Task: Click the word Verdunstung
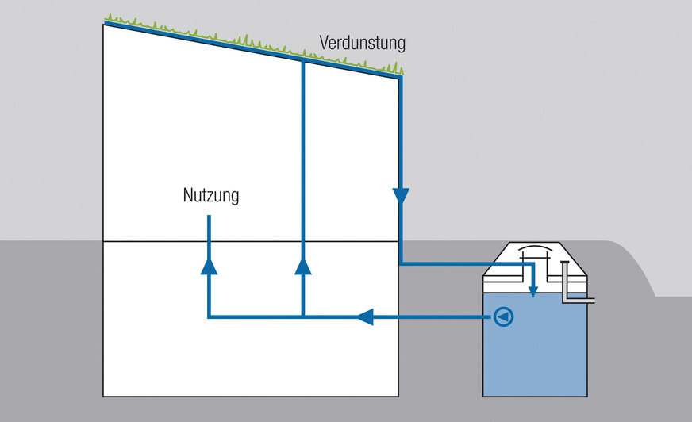coord(362,42)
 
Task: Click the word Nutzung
coord(210,195)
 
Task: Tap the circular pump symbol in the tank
coord(503,317)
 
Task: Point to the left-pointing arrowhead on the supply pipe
coord(364,317)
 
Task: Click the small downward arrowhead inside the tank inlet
coord(533,291)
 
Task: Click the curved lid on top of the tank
coord(534,253)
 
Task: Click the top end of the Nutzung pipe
coord(209,217)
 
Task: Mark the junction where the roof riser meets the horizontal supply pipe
coord(302,317)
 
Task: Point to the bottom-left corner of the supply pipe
coord(209,317)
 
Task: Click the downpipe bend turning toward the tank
coord(402,262)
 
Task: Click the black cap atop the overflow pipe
coord(564,263)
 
